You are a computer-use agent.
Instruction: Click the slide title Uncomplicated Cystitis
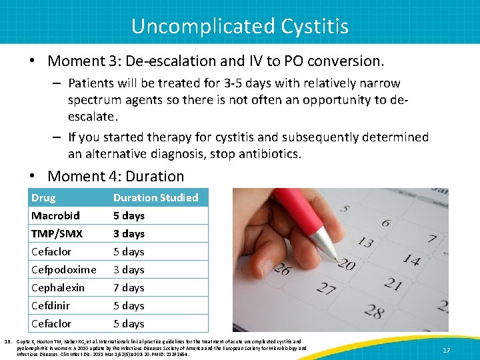pos(239,25)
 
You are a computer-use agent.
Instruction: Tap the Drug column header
pos(43,197)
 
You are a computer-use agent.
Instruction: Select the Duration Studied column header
pos(155,197)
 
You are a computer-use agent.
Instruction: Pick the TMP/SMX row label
pos(57,233)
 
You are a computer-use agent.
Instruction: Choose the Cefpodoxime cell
pos(63,269)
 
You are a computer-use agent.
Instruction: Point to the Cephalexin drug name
pos(58,287)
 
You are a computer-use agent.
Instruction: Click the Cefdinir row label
pos(51,305)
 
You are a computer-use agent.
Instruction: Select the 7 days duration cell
pos(129,287)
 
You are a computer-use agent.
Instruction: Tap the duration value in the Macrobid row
pos(129,215)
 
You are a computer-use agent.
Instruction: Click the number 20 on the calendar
pos(345,265)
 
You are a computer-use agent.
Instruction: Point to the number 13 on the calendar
pos(365,241)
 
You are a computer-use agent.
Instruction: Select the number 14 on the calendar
pos(412,260)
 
